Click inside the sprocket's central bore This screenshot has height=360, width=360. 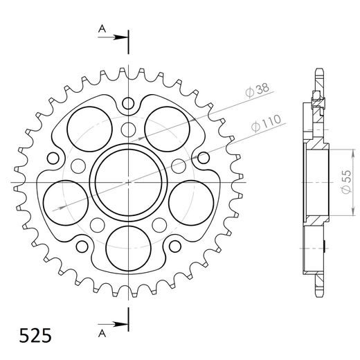coord(129,181)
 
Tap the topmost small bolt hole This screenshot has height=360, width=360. coord(128,104)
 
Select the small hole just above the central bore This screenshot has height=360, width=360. coord(128,129)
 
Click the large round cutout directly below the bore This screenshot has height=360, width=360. coord(129,246)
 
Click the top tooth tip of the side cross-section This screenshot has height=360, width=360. coord(318,71)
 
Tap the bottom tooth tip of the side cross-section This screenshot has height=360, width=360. coord(318,292)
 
